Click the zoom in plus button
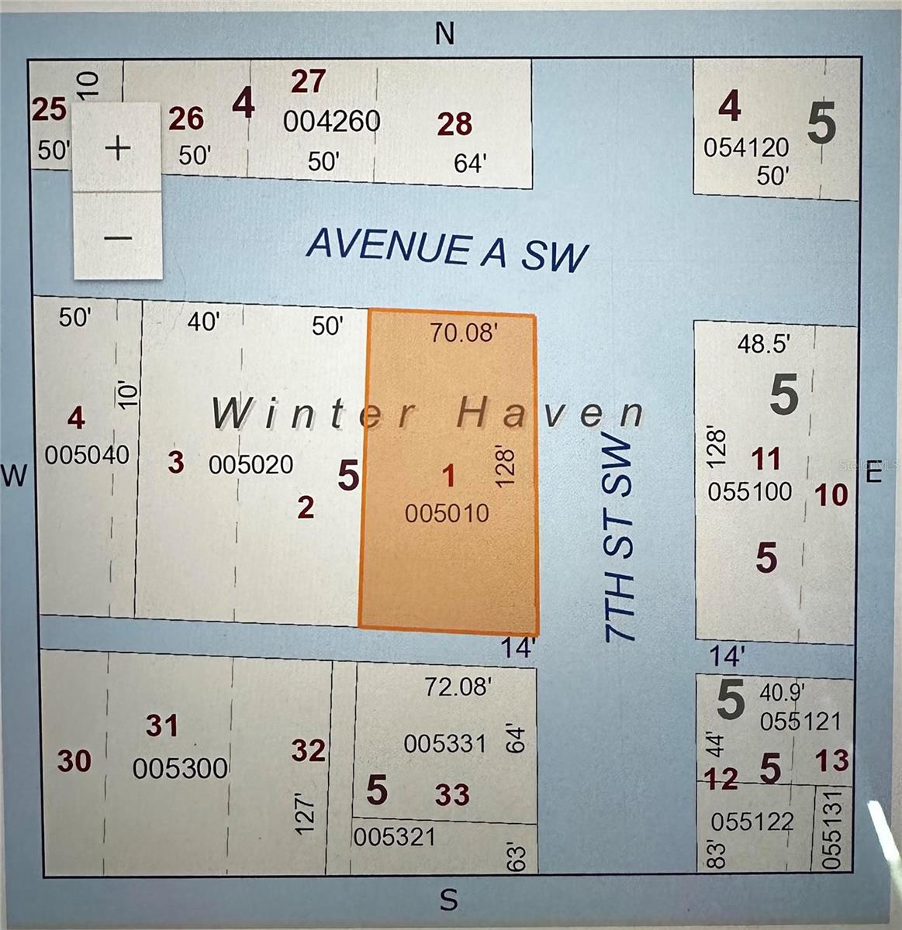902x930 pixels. click(x=118, y=147)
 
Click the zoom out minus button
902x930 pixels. click(x=118, y=237)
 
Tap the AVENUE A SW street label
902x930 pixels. click(x=448, y=250)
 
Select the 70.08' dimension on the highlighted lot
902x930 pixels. click(x=464, y=332)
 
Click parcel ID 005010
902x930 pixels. click(x=447, y=512)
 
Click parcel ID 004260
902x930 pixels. click(x=331, y=121)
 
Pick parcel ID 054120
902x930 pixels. click(x=745, y=147)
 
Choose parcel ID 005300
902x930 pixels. click(x=180, y=768)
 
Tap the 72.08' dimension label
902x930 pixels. click(x=458, y=686)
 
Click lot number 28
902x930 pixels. click(x=454, y=124)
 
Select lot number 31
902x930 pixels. click(x=163, y=726)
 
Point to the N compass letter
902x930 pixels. click(x=444, y=34)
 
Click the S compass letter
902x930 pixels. click(x=448, y=900)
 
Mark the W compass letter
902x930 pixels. click(x=15, y=474)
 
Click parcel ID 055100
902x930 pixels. click(x=749, y=491)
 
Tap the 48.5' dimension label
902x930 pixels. click(x=763, y=343)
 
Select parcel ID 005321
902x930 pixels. click(x=394, y=837)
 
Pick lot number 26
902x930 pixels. click(x=186, y=119)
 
